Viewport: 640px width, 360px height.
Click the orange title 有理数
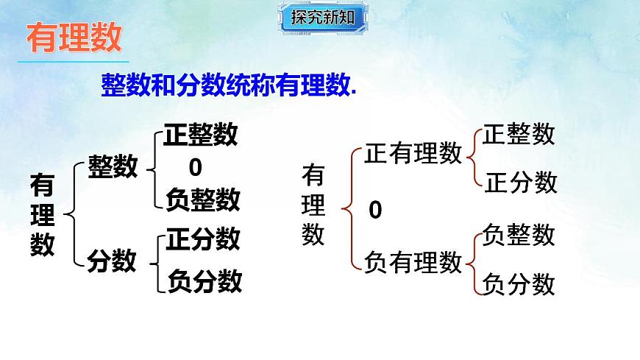(74, 38)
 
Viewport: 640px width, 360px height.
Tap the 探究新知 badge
(321, 17)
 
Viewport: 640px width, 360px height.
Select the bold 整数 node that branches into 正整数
(113, 167)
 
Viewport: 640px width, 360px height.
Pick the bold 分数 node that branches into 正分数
(112, 260)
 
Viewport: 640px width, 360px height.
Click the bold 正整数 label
(201, 135)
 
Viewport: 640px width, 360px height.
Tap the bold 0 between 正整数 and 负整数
(195, 168)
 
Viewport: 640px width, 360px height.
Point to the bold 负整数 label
(203, 199)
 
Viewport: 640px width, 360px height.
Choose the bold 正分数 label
(203, 239)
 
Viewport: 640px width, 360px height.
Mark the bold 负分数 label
(205, 280)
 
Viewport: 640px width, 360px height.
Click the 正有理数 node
(413, 153)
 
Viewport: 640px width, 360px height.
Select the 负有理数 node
(413, 261)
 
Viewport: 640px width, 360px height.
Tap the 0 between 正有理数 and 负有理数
(375, 211)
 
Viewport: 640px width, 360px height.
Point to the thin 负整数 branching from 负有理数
(519, 235)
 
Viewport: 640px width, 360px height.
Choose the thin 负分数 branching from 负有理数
(519, 284)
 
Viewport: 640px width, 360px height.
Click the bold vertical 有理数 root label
(43, 215)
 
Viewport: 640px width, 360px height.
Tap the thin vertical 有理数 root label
(313, 206)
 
